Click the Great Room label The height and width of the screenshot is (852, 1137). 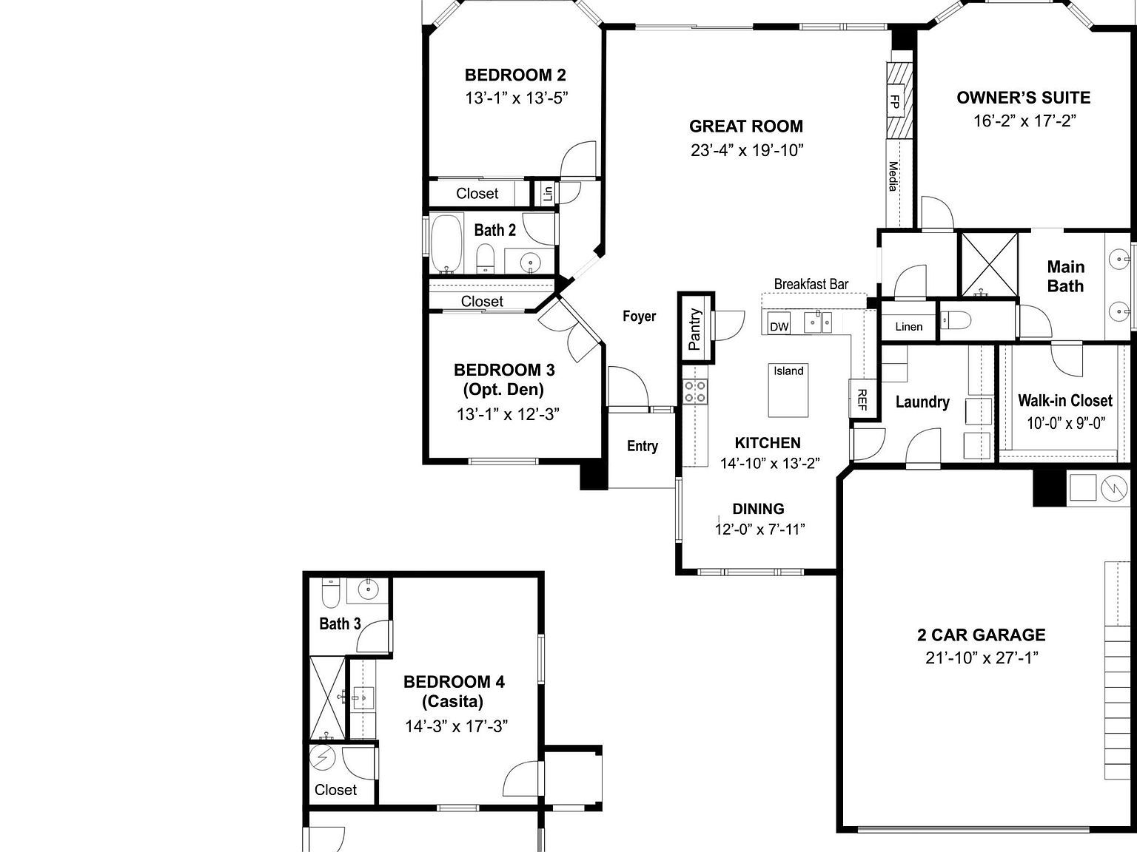[746, 126]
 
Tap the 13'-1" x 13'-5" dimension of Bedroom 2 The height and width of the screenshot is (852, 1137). [516, 98]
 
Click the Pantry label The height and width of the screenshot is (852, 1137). [695, 328]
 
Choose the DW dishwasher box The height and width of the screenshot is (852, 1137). [779, 326]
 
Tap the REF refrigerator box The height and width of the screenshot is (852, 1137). [861, 400]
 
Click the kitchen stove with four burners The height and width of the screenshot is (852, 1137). [695, 390]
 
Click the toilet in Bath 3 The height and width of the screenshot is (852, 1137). [330, 592]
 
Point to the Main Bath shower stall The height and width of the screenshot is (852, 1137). [988, 263]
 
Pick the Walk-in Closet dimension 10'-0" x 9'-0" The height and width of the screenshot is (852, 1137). [1065, 424]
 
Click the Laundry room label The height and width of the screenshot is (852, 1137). [922, 402]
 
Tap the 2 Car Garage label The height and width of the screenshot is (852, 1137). [981, 635]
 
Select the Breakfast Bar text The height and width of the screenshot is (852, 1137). [811, 284]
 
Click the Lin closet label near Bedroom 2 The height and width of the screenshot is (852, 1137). [548, 194]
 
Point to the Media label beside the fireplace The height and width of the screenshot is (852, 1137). [893, 176]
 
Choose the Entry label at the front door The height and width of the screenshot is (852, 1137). [642, 446]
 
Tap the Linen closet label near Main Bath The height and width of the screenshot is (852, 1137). [908, 327]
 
